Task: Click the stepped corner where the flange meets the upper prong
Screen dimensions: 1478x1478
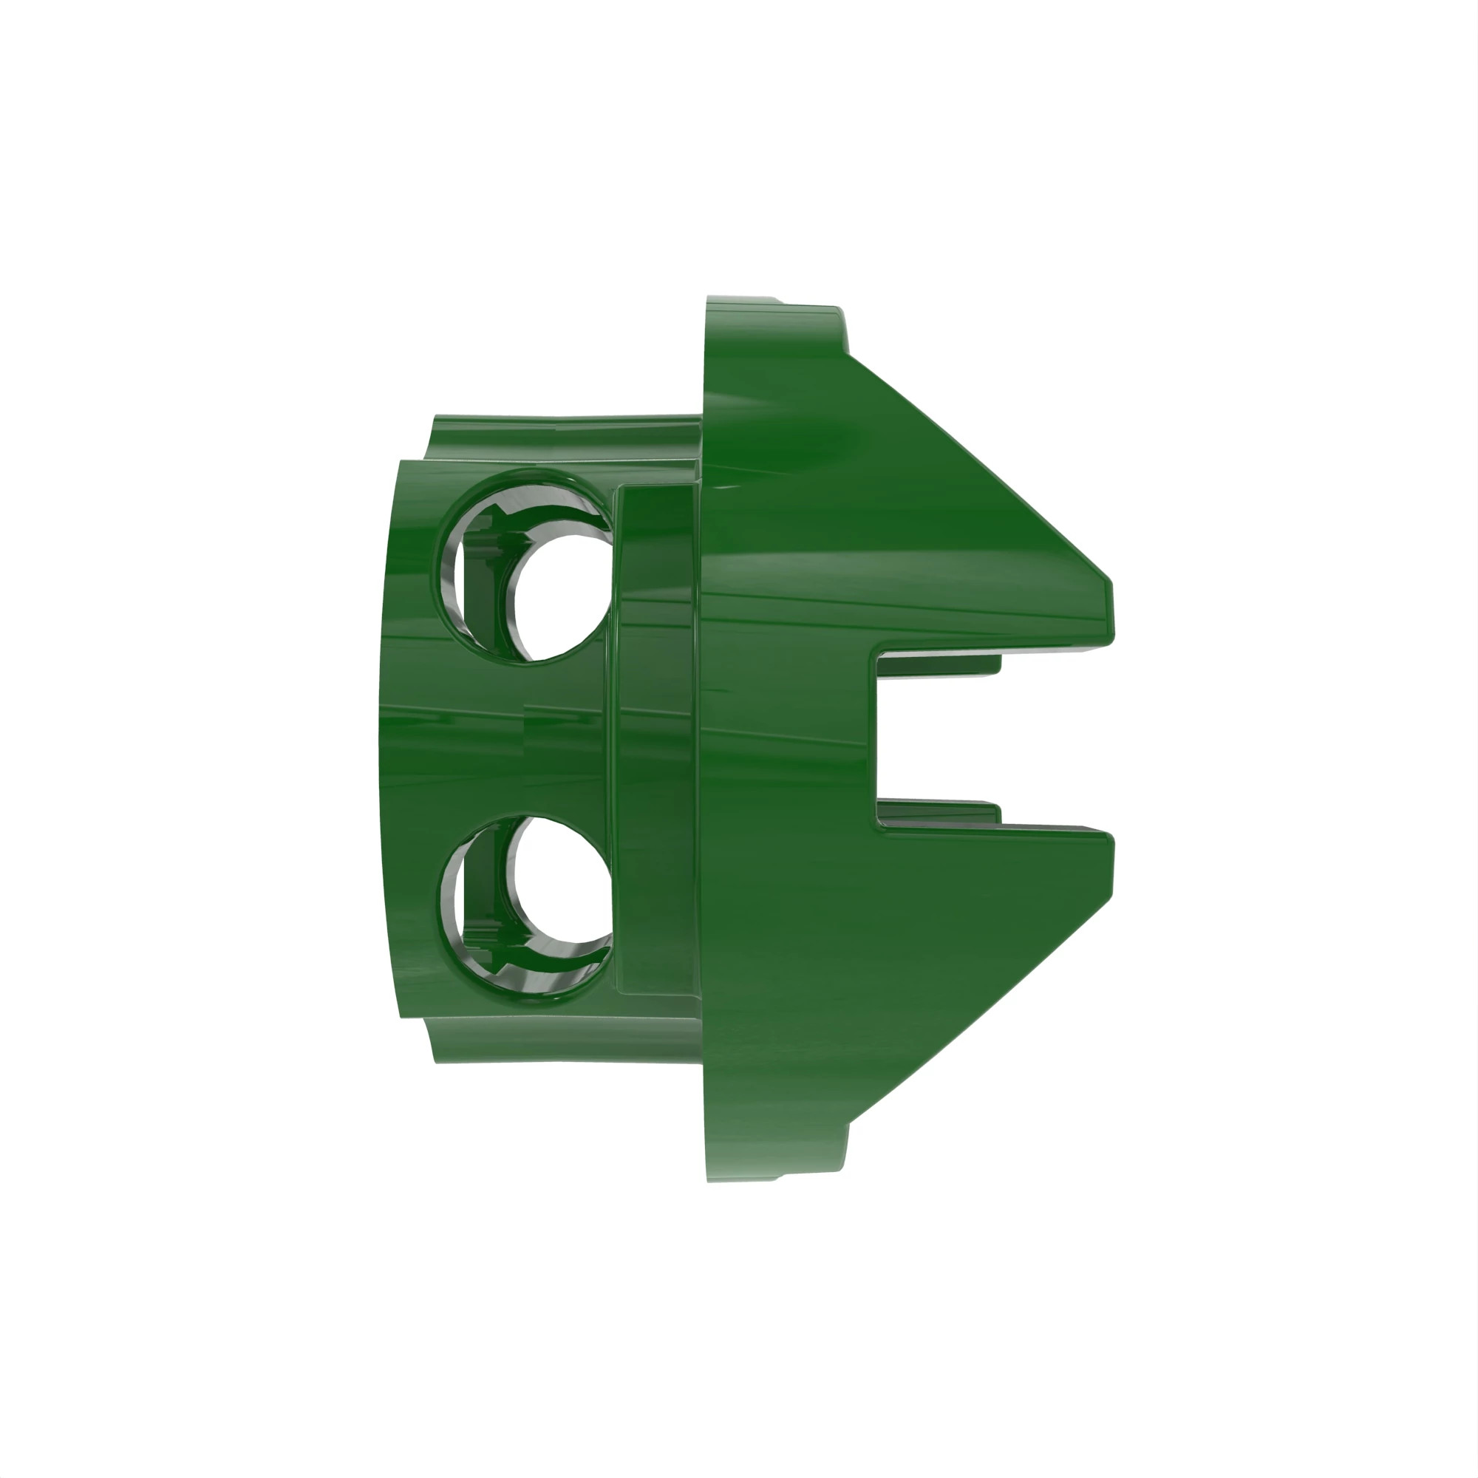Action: (845, 336)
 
